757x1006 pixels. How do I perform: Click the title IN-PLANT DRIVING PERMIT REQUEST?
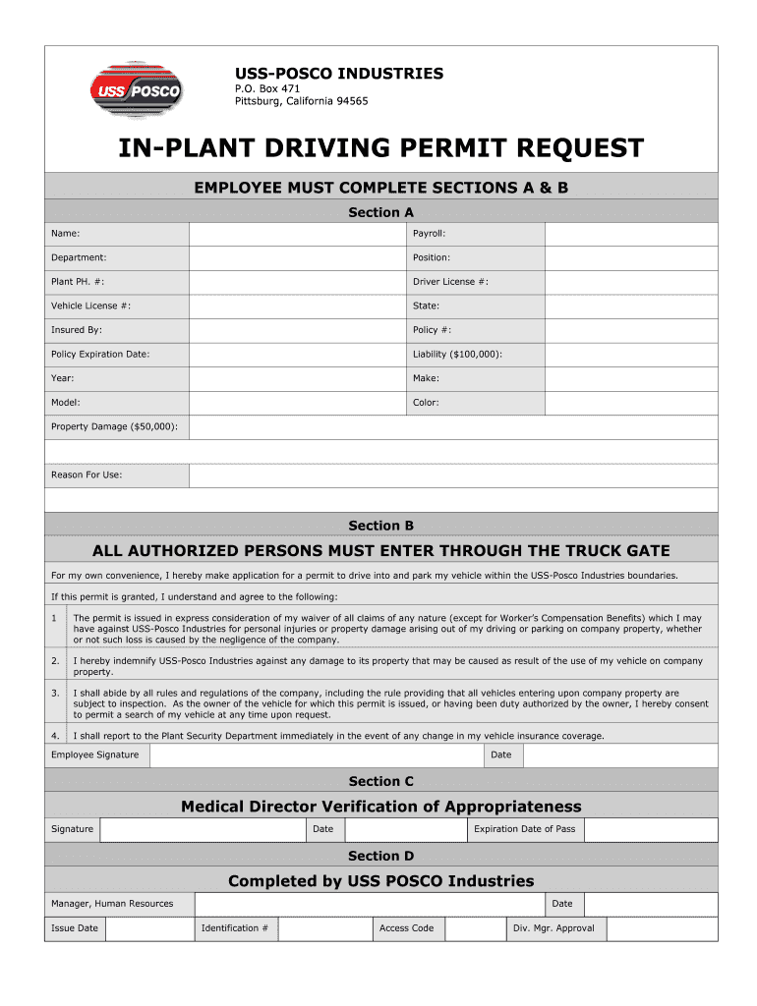(x=380, y=148)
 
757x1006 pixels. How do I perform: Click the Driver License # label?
(x=450, y=282)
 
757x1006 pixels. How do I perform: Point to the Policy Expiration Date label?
(x=100, y=354)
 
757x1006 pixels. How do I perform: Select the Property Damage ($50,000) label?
(x=114, y=426)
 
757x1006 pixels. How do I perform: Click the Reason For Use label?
(x=87, y=475)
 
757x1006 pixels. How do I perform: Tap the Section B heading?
(x=380, y=526)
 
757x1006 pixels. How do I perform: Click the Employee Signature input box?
(x=316, y=755)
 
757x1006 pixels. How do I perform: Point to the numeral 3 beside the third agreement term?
(x=55, y=693)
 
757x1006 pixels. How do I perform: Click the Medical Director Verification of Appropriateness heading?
(x=380, y=807)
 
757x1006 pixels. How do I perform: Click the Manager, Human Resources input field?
(x=369, y=904)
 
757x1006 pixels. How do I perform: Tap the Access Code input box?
(x=476, y=928)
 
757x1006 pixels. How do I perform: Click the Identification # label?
(x=235, y=928)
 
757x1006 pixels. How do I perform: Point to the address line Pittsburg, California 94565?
(x=301, y=101)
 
